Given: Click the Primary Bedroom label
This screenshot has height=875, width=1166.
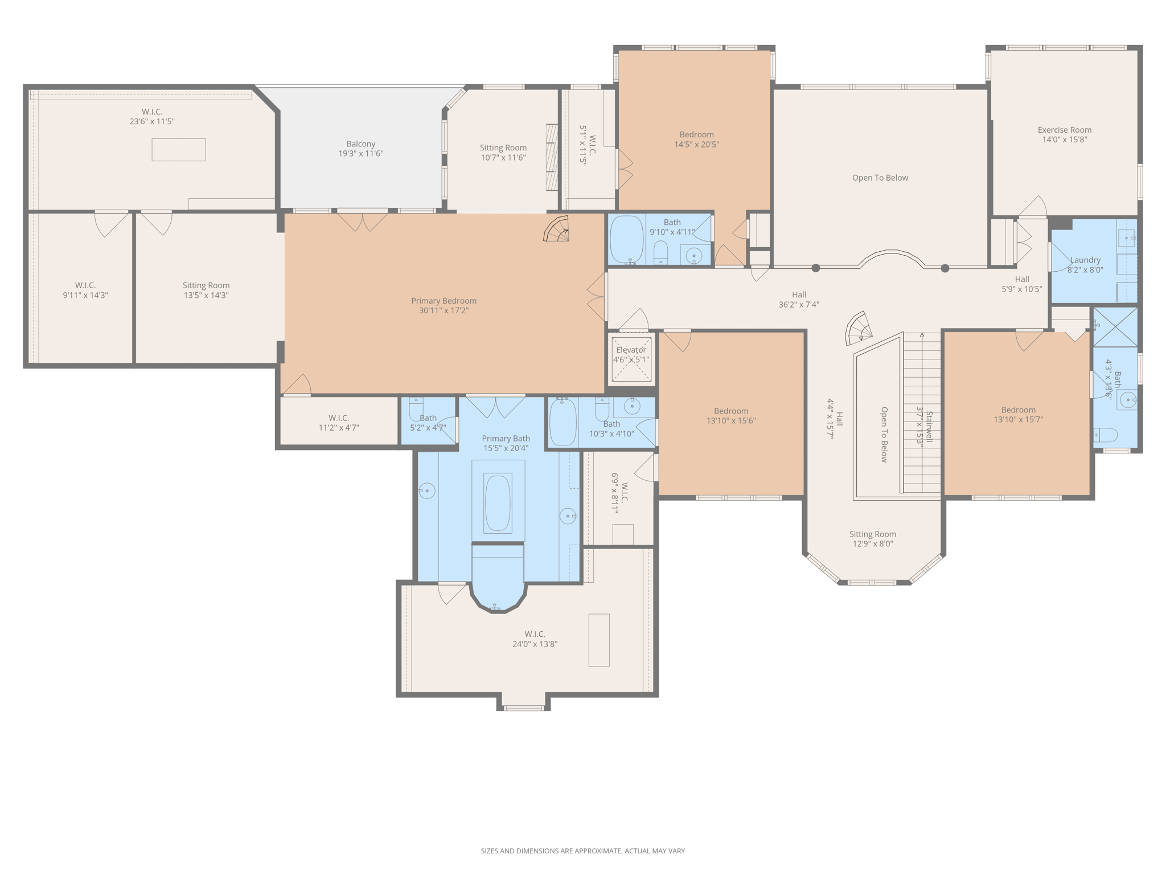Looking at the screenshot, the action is pyautogui.click(x=444, y=301).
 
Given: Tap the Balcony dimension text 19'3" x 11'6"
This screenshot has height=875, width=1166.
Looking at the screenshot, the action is pyautogui.click(x=361, y=154).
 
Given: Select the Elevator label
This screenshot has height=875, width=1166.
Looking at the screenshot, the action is pyautogui.click(x=631, y=350).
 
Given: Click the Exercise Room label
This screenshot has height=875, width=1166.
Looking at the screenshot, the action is pyautogui.click(x=1065, y=130).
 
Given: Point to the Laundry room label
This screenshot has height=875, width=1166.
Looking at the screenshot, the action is pyautogui.click(x=1085, y=260).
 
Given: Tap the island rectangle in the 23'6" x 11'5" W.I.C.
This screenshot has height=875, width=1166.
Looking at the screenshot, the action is pyautogui.click(x=179, y=150).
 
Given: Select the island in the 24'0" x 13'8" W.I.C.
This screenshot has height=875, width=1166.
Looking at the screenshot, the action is pyautogui.click(x=599, y=640).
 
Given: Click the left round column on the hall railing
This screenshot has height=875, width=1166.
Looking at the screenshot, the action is pyautogui.click(x=816, y=268).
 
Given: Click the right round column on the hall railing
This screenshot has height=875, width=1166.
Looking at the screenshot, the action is pyautogui.click(x=945, y=268).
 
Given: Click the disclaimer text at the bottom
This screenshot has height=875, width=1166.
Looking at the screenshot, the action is pyautogui.click(x=583, y=851).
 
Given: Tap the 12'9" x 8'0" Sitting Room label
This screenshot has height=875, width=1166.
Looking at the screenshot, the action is pyautogui.click(x=873, y=534).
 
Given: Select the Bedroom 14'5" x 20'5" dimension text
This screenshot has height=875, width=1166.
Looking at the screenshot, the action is pyautogui.click(x=697, y=145).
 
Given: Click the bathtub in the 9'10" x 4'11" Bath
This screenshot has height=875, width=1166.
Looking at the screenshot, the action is pyautogui.click(x=626, y=239).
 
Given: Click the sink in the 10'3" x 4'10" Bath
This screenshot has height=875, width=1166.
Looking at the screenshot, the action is pyautogui.click(x=632, y=406).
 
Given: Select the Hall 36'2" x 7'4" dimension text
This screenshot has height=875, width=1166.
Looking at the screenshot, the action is pyautogui.click(x=799, y=305).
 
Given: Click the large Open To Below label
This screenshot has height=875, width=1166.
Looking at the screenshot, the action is pyautogui.click(x=880, y=178).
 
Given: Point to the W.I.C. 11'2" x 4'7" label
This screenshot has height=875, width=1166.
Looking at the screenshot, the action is pyautogui.click(x=339, y=418).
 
